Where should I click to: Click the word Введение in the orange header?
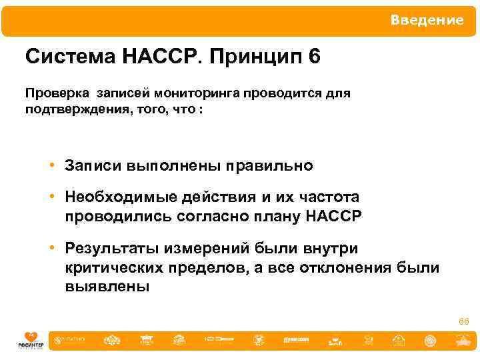coord(427,20)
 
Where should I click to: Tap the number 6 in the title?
coord(315,56)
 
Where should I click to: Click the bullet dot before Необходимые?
coord(51,197)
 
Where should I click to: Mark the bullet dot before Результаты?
coord(51,249)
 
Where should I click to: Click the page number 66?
coord(463,322)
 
